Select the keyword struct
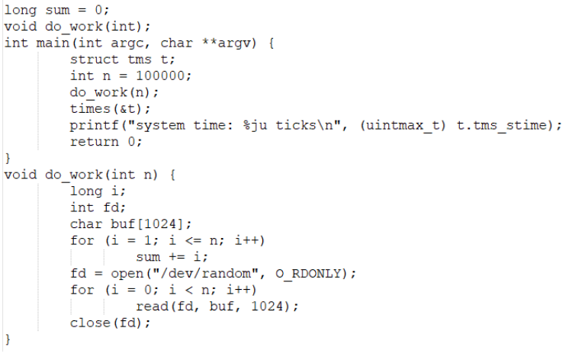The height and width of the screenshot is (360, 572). click(x=95, y=59)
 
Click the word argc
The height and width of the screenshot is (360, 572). click(x=136, y=43)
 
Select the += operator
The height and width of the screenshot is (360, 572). click(x=173, y=257)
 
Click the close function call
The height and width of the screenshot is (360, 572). click(x=90, y=323)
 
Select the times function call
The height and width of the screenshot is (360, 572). click(x=90, y=108)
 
